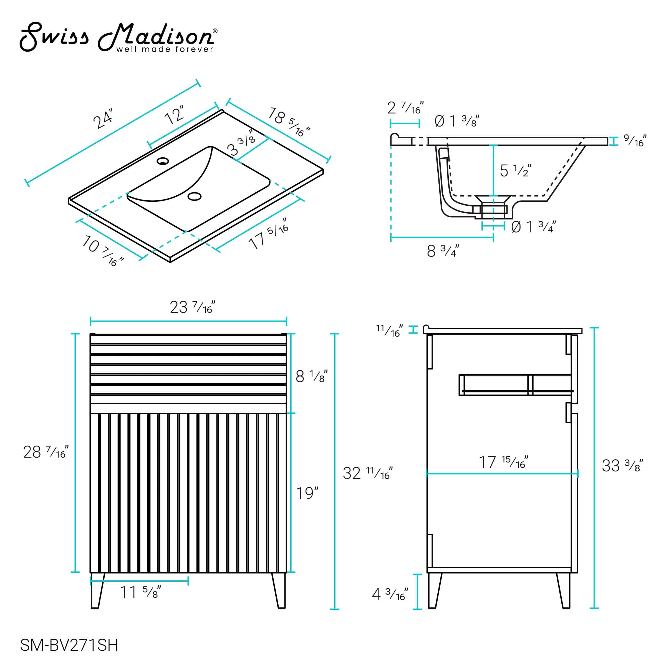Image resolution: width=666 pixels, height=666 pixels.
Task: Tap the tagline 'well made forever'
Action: (x=165, y=49)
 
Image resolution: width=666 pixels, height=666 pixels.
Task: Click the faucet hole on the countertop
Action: (x=163, y=161)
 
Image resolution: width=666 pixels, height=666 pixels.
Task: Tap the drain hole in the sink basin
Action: (x=195, y=196)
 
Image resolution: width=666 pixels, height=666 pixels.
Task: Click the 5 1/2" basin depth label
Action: (x=515, y=170)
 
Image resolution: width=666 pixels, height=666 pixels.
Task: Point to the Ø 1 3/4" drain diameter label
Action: (x=534, y=227)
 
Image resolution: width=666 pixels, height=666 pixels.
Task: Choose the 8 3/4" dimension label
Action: (x=443, y=251)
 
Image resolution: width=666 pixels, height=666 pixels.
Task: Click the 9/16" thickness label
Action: (x=635, y=141)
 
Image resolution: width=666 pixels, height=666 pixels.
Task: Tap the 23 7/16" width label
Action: (x=192, y=307)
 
